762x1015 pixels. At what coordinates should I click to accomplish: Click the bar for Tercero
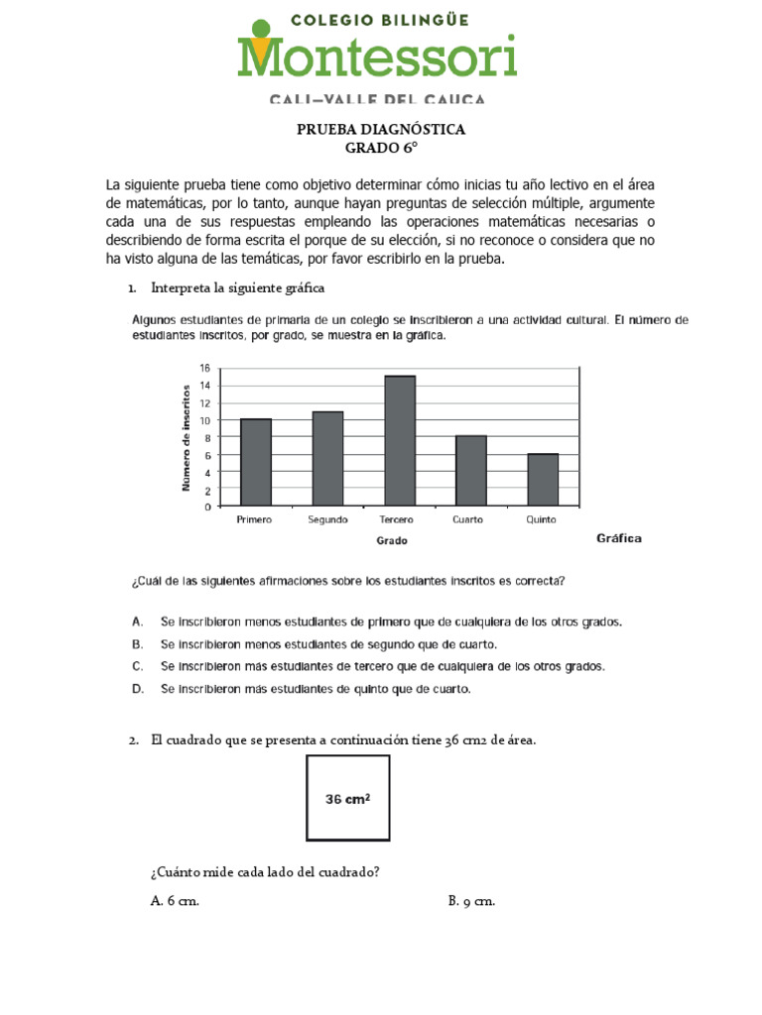tap(399, 441)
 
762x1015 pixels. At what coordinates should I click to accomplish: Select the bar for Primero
tap(255, 462)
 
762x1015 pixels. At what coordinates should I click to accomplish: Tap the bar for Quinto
tap(543, 480)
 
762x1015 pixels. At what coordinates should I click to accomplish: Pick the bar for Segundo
tap(327, 458)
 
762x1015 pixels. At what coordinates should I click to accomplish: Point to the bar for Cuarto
tap(470, 471)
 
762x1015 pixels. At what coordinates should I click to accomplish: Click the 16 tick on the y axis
tap(204, 368)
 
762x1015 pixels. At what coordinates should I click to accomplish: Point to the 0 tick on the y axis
tap(206, 507)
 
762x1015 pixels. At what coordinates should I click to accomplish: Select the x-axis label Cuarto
tap(467, 520)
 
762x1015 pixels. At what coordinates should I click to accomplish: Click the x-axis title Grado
tap(391, 541)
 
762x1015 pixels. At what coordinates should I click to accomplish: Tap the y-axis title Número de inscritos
tap(186, 437)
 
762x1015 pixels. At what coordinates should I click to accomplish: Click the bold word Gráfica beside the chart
tap(618, 538)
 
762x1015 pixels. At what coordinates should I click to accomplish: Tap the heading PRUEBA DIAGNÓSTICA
tap(381, 130)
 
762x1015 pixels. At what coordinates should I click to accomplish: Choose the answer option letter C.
tap(138, 666)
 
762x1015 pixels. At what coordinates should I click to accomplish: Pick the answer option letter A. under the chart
tap(138, 621)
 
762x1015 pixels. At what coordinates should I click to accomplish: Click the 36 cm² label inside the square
tap(348, 798)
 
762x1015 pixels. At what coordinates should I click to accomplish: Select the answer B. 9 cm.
tap(470, 901)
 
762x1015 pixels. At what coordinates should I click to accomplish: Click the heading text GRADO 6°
tap(380, 148)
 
